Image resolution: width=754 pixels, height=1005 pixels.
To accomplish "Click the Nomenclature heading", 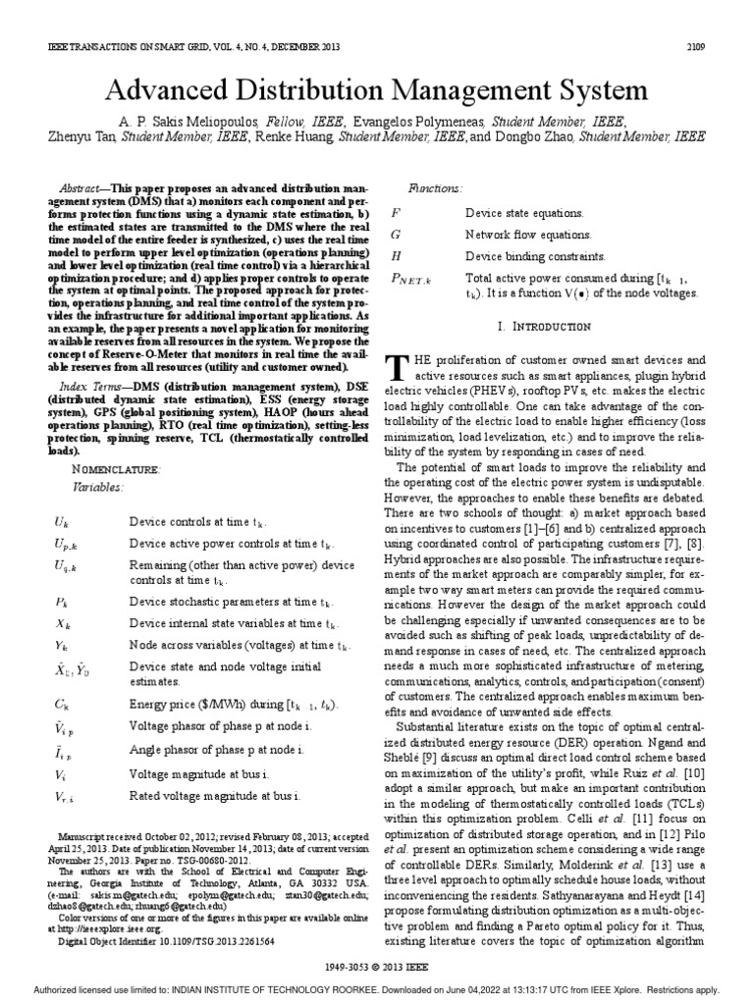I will [109, 469].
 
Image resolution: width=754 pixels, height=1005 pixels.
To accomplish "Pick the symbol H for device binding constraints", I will [396, 256].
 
